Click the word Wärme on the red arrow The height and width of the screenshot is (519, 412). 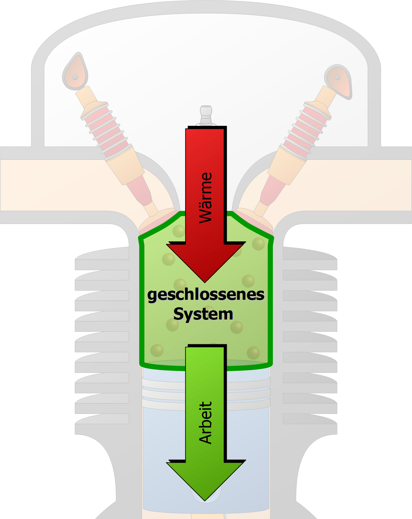(x=206, y=197)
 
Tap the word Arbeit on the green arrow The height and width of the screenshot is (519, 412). (x=206, y=423)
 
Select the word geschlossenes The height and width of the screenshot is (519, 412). (x=206, y=294)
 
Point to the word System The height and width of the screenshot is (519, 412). (x=203, y=314)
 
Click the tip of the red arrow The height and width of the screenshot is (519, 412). (x=205, y=281)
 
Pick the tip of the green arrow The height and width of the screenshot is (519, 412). (x=205, y=499)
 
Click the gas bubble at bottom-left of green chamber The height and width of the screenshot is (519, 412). (x=157, y=350)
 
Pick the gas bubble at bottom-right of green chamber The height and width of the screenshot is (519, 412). (x=253, y=353)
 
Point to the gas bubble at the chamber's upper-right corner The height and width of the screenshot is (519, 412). (x=258, y=244)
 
